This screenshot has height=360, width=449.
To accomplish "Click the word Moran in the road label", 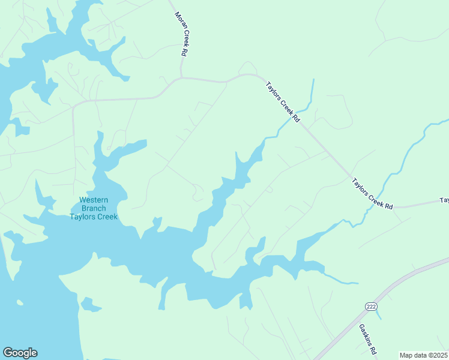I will (178, 22).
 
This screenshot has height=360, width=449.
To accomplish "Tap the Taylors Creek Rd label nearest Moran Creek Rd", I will (282, 103).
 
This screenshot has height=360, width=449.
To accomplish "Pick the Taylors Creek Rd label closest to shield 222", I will (372, 193).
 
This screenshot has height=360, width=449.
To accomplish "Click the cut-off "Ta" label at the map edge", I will (444, 200).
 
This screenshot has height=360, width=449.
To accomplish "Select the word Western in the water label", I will (93, 200).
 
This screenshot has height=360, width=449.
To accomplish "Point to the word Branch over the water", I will (93, 208).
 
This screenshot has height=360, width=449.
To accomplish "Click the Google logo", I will (20, 353).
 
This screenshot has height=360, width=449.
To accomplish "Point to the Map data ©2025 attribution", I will (423, 355).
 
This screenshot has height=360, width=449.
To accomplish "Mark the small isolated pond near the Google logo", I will (91, 305).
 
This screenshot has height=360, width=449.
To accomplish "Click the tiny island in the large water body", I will (20, 302).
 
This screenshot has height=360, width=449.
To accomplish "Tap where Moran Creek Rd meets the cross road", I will (181, 77).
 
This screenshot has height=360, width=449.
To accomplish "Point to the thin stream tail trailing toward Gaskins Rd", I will (342, 280).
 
